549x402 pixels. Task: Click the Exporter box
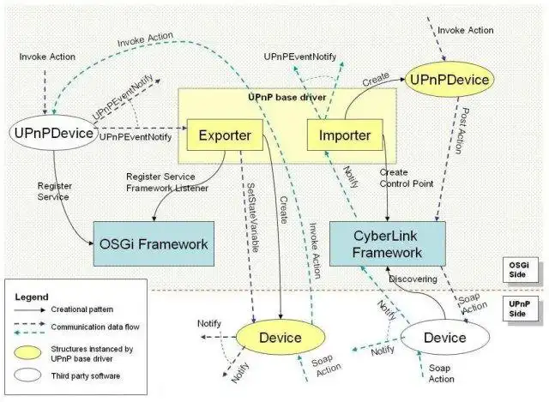coord(224,135)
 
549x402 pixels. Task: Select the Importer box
coord(339,135)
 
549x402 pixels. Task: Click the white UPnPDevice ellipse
coord(52,133)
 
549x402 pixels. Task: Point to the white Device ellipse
coord(444,338)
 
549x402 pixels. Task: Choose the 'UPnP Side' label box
coord(520,309)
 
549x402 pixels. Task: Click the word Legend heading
coord(32,297)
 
